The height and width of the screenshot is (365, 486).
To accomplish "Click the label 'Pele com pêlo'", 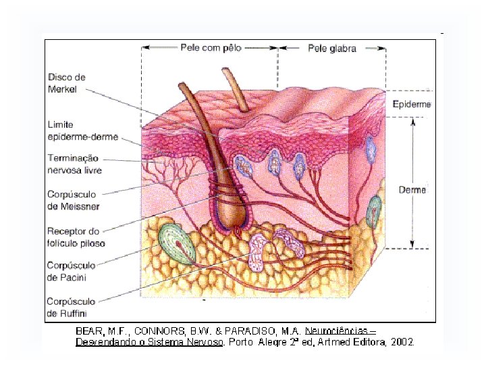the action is (x=211, y=48).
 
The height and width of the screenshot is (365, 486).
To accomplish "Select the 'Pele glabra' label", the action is (x=332, y=48).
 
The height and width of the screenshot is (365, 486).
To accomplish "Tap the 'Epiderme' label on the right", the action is (x=411, y=104).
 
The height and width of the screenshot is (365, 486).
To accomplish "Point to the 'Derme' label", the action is (x=412, y=190).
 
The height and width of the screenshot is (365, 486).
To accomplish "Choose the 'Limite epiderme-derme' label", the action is (x=82, y=131).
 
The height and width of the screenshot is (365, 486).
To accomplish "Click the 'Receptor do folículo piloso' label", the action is (x=76, y=237).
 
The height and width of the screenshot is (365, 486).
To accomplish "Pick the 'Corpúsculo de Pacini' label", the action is (x=71, y=271).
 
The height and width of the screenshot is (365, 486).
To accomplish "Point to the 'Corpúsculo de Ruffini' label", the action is (x=71, y=307).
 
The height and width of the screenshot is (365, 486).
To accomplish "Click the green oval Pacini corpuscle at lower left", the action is (x=177, y=244).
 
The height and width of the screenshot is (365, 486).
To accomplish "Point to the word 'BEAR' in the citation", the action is (x=88, y=331).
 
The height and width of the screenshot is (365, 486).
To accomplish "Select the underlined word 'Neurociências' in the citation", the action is (x=336, y=331).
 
